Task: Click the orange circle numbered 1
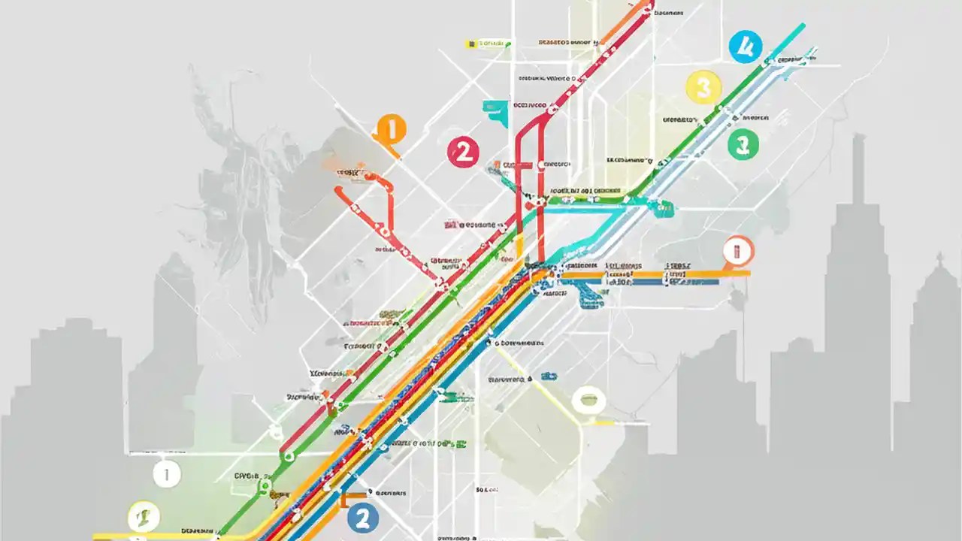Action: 390,129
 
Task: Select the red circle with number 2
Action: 463,153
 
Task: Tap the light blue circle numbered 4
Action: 745,47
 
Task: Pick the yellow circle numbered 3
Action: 703,88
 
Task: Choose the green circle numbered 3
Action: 743,144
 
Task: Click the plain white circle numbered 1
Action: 166,474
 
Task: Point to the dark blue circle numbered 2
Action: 363,517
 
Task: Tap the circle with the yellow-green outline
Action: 144,516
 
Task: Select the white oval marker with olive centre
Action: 587,400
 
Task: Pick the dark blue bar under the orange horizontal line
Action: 639,283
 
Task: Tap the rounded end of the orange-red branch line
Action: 337,192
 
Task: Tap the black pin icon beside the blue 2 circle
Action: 371,493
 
